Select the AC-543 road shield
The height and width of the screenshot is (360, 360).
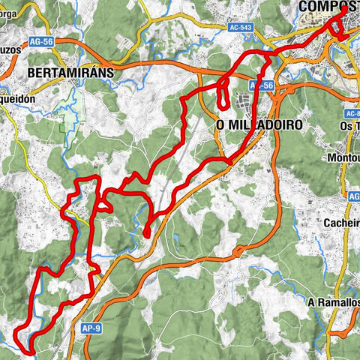[x=241, y=27]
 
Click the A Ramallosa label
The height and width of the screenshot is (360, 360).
[x=333, y=301]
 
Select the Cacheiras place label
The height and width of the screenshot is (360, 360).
[x=340, y=223]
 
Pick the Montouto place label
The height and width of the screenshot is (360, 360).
[x=343, y=160]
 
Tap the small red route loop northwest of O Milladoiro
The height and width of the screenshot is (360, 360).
[x=223, y=94]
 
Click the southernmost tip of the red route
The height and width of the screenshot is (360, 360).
[x=28, y=350]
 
